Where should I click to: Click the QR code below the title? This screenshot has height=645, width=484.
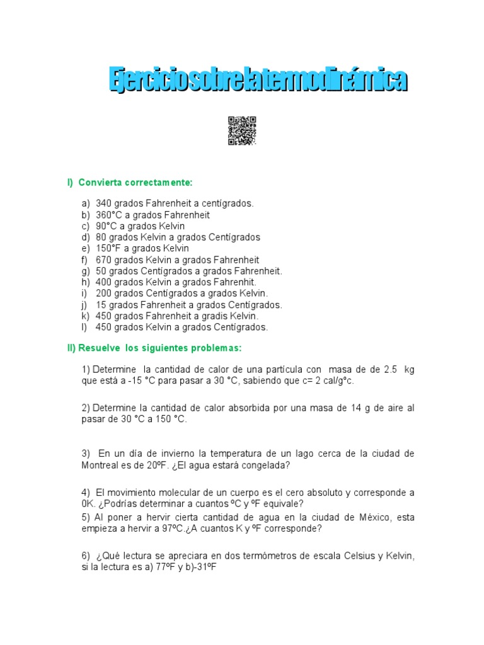[x=242, y=131]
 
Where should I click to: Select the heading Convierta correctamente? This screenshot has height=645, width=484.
[x=134, y=183]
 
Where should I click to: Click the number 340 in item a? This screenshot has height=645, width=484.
[x=104, y=203]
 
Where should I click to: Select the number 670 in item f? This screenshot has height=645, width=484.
[x=104, y=260]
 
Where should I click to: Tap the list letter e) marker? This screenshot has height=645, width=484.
[x=85, y=248]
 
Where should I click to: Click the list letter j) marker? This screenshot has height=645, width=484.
[x=85, y=305]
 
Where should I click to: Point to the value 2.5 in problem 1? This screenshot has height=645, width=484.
[x=389, y=369]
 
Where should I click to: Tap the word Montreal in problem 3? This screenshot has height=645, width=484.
[x=100, y=465]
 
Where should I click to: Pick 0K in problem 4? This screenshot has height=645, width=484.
[x=88, y=503]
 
